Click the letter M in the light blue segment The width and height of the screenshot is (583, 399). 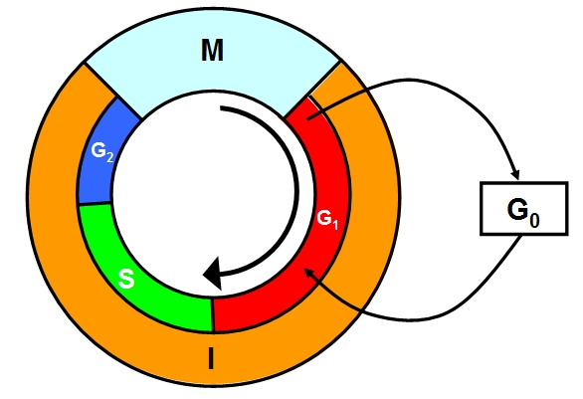pos(212,50)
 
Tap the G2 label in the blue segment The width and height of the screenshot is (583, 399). pos(102,151)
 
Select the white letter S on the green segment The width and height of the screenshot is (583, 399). pos(126,279)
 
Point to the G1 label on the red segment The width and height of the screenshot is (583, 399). pos(327,219)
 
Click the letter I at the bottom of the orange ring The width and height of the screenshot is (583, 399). pos(211,358)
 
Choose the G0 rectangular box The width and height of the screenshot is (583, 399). pos(524,208)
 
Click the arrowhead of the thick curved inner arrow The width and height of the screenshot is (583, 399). pos(213,274)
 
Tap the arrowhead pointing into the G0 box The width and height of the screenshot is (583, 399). pos(515,174)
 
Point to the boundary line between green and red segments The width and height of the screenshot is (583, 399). pos(212,314)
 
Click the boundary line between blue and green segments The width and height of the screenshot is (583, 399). pos(95,203)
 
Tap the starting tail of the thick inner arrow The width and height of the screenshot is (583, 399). pos(221,108)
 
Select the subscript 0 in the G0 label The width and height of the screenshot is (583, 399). pos(534,220)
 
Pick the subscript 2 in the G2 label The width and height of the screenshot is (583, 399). pos(109,157)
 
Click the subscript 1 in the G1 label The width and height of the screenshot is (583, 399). pos(335,225)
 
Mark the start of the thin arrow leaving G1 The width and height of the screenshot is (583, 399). pos(307,119)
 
